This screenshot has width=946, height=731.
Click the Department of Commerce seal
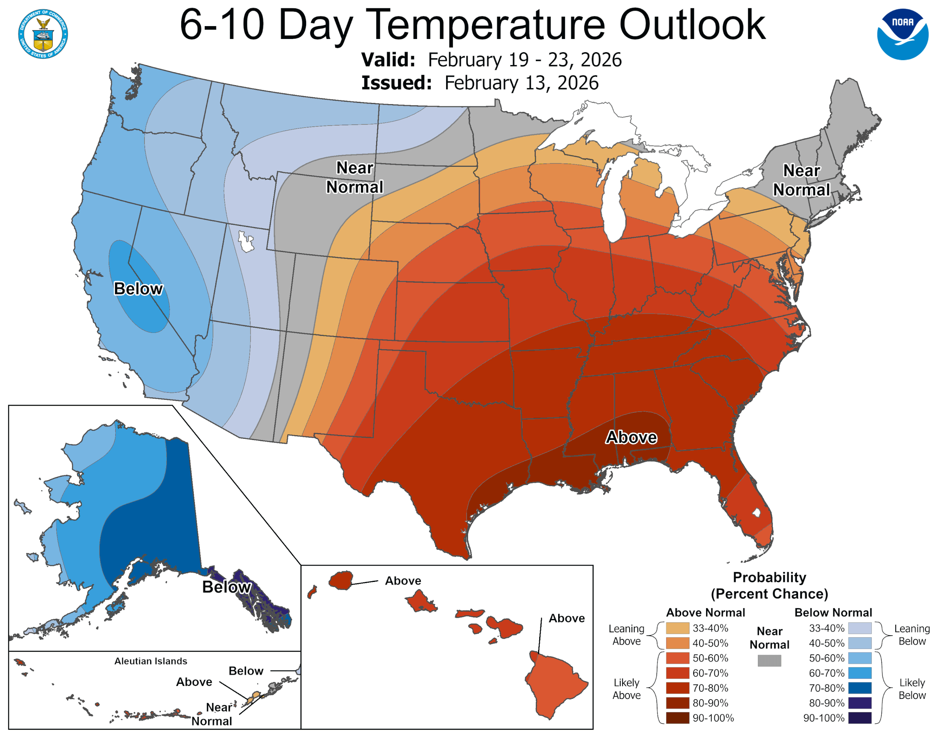tap(43, 34)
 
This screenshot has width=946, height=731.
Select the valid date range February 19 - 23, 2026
tap(524, 60)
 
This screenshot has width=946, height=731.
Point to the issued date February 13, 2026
tap(521, 83)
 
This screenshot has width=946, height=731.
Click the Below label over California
tap(138, 288)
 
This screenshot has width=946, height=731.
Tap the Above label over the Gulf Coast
tap(631, 437)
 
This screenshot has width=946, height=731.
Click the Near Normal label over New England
tap(801, 180)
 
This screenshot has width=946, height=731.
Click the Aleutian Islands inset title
tap(151, 661)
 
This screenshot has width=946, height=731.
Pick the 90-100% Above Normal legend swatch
tap(677, 718)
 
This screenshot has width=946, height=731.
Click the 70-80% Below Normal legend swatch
tap(859, 688)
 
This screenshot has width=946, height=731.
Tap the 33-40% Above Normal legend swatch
tap(677, 628)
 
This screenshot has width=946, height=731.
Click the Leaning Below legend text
tap(912, 635)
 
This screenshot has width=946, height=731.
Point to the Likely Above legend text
tap(626, 689)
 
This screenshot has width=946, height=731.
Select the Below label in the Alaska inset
tap(227, 587)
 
